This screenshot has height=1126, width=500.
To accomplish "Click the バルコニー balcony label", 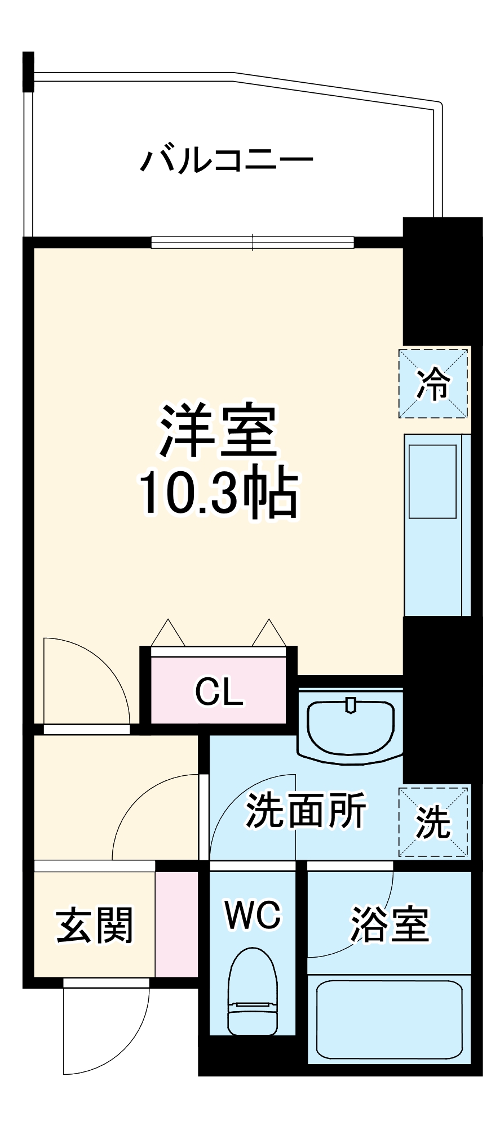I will pyautogui.click(x=227, y=160).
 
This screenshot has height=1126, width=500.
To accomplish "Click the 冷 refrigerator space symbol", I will pyautogui.click(x=433, y=383).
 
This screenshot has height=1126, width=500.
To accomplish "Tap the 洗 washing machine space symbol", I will pyautogui.click(x=433, y=823).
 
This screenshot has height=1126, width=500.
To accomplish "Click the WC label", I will pyautogui.click(x=252, y=915).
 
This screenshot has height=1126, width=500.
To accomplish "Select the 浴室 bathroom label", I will pyautogui.click(x=390, y=924).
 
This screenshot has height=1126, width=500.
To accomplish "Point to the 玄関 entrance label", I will pyautogui.click(x=95, y=925).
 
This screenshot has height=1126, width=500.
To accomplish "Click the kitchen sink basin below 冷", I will pyautogui.click(x=432, y=481).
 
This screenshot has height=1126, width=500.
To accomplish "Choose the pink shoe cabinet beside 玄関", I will pyautogui.click(x=176, y=924).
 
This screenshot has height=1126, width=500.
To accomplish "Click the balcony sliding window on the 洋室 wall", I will pyautogui.click(x=253, y=242).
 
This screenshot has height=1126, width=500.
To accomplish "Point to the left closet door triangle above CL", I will pyautogui.click(x=167, y=633).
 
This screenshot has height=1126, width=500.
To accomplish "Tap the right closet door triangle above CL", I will pyautogui.click(x=269, y=633).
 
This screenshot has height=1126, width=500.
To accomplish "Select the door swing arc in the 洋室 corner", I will pyautogui.click(x=85, y=681).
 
